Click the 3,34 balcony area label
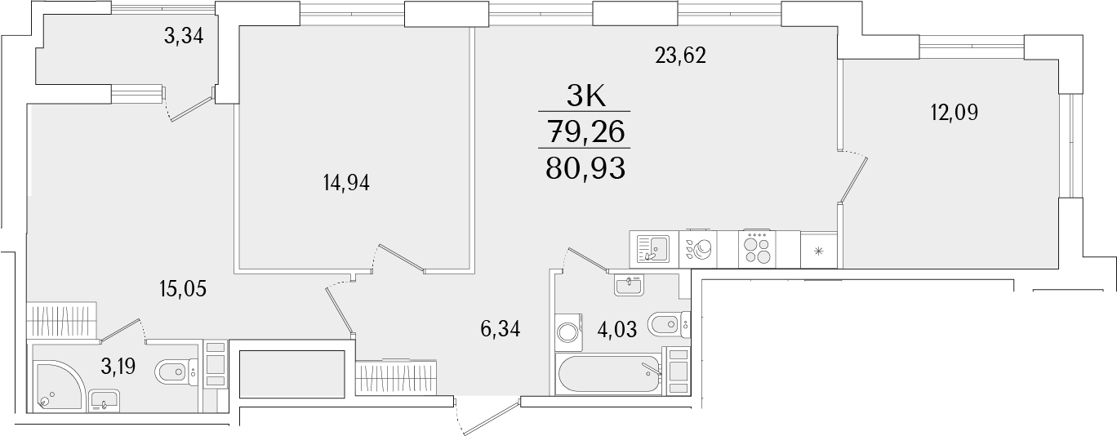coord(183,36)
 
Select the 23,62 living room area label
coord(679,56)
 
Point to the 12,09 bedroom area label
coord(954,113)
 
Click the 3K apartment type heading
coord(585,96)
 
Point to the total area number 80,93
coord(585,168)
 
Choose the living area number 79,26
coord(585,131)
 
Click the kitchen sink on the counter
coord(652,247)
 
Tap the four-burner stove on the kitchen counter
coord(757,248)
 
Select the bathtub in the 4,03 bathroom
coord(608,375)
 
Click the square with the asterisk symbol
coord(819,250)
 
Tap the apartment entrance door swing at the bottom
coord(482,416)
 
